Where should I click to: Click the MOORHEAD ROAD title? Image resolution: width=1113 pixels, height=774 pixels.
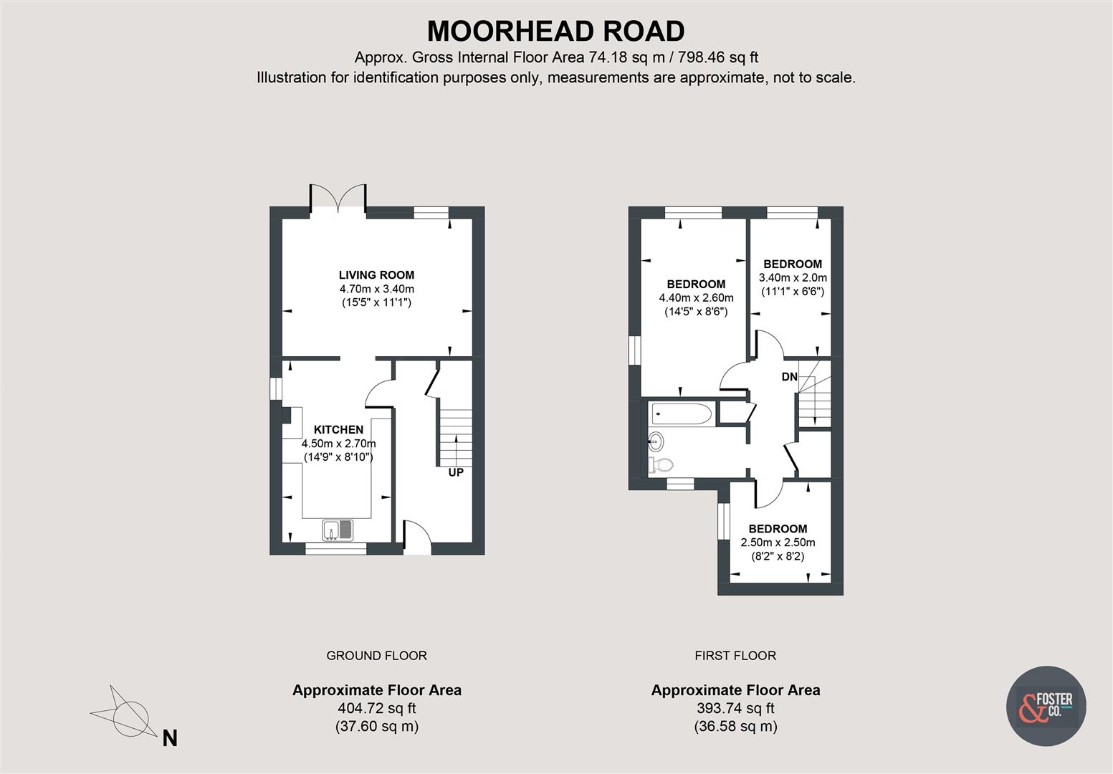555,32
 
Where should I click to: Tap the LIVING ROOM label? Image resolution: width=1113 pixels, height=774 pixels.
376,274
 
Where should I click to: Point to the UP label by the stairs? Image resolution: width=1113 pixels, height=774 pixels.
456,473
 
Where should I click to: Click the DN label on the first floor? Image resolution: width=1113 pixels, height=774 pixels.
789,377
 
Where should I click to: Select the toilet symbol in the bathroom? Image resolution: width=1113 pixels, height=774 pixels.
660,465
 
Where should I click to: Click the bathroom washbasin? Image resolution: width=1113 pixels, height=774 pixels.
656,439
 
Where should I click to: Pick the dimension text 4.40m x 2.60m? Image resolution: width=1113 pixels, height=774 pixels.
696,297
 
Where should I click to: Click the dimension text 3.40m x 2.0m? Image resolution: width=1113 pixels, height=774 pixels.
793,277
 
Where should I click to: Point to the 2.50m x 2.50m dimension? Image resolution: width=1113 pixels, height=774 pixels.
778,543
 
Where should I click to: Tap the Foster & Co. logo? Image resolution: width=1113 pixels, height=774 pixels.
1046,706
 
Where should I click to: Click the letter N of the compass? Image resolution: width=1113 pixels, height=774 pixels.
170,738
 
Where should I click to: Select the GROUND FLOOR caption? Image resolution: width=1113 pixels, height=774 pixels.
376,655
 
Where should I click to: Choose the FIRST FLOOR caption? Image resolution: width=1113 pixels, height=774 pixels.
735,655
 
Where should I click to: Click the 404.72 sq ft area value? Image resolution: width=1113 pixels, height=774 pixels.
376,708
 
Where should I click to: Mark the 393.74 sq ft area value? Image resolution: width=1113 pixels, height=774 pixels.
735,708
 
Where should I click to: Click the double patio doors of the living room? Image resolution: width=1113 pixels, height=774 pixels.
338,196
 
